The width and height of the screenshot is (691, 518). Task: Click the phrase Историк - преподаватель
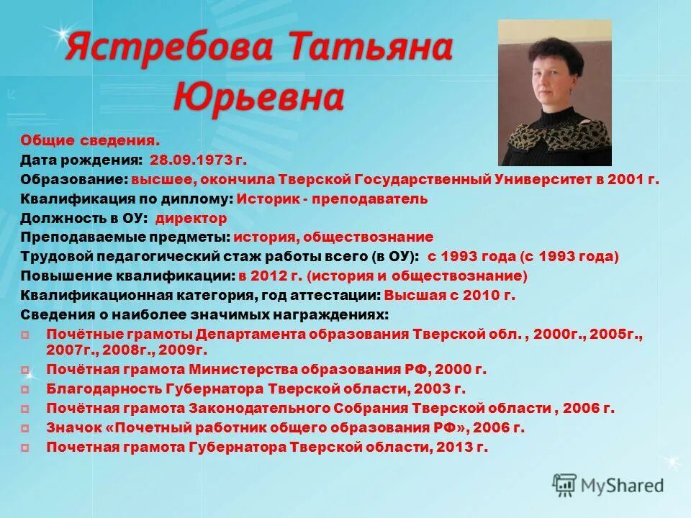(332, 199)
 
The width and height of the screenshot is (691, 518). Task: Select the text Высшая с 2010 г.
(450, 295)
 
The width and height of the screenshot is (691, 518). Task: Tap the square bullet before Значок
(25, 428)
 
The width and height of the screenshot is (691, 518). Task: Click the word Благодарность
(93, 389)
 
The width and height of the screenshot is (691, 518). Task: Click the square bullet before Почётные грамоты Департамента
(25, 335)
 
